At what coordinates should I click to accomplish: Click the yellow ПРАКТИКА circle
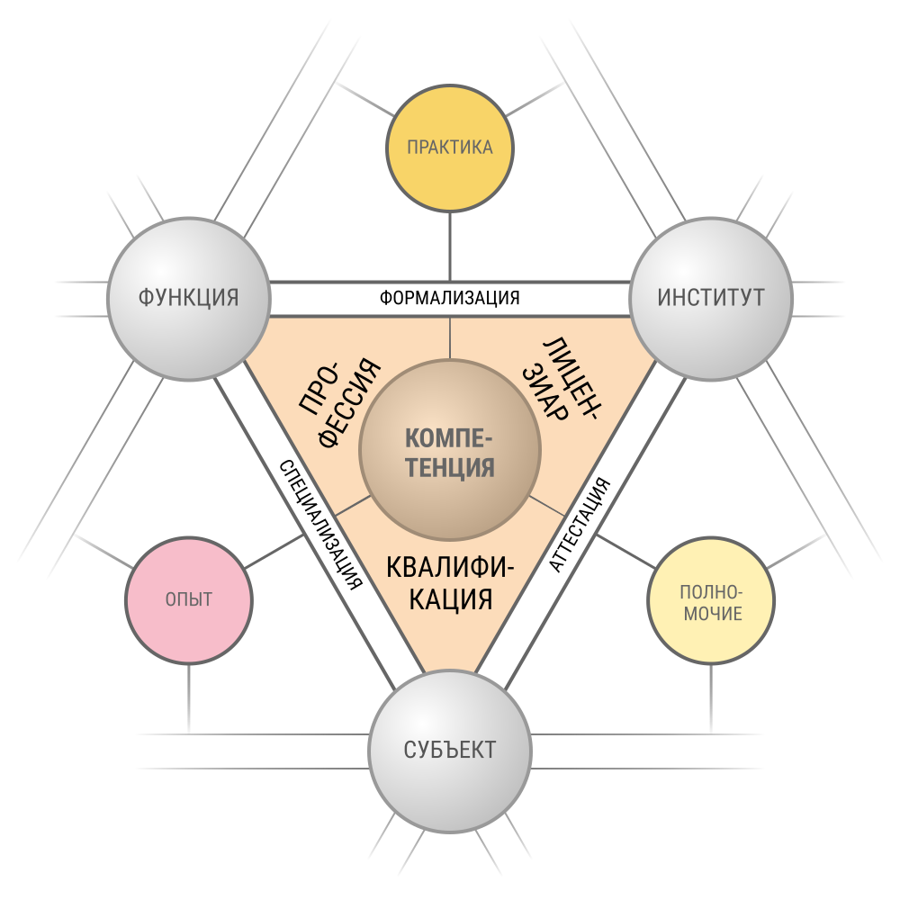coord(449,148)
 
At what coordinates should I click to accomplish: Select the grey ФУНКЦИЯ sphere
coord(189,299)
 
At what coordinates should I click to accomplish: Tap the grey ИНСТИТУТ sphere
coord(711,299)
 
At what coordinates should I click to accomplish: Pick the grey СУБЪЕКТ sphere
coord(450,751)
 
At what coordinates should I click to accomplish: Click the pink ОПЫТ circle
coord(189,600)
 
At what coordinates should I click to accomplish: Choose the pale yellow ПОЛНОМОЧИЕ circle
coord(711,600)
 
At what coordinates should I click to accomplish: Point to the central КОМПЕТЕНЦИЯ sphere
coord(450,450)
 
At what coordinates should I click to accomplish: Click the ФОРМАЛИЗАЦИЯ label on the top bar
coord(449,299)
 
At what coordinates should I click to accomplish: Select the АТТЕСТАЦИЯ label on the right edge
coord(580,525)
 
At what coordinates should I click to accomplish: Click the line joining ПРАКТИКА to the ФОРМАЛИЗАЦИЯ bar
coord(450,247)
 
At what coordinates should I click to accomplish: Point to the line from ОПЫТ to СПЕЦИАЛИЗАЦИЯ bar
coord(274,552)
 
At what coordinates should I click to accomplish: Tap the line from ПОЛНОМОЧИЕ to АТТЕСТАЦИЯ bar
coord(625,552)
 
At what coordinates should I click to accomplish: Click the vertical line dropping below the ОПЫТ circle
coord(189,699)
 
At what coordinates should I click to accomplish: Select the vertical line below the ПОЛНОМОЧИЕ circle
coord(711,699)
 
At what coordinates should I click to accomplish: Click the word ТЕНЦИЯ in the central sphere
coord(450,467)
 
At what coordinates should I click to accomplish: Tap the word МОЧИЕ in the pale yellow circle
coord(712,614)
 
